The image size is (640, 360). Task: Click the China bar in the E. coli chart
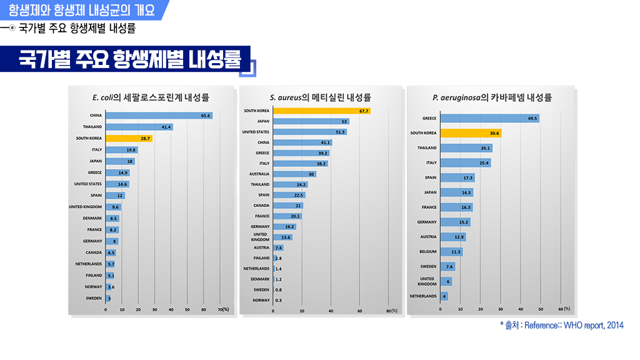[159, 116]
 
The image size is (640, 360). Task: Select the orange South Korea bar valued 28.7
[129, 138]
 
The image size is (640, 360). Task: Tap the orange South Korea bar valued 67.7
[322, 111]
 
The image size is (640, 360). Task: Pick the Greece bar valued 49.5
[489, 118]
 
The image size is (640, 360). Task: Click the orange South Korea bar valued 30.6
[471, 133]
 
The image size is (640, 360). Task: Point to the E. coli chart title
[151, 97]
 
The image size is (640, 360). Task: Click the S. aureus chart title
[321, 97]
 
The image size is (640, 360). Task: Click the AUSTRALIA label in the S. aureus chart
[259, 174]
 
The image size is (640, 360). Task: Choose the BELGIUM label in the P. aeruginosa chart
[428, 252]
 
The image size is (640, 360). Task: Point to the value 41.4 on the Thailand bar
[166, 127]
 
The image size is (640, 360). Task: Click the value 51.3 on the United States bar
[340, 132]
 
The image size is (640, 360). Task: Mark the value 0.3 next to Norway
[278, 301]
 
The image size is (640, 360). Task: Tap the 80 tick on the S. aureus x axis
[388, 311]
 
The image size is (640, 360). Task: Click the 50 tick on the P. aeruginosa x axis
[541, 309]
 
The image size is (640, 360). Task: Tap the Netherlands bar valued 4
[444, 296]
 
